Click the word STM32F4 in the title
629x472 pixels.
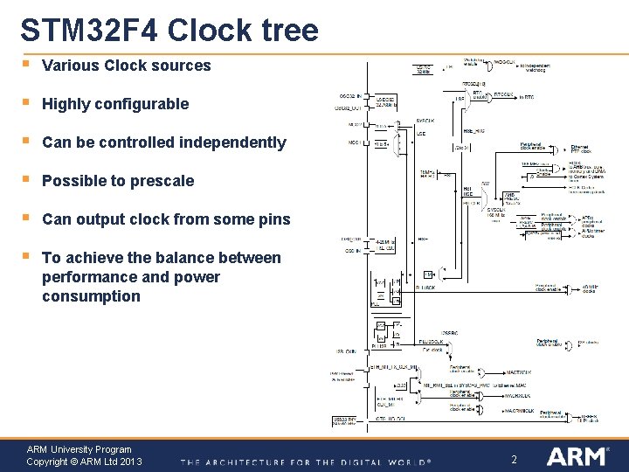[88, 31]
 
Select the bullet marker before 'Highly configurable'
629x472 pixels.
[27, 102]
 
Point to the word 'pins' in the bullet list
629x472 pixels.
[274, 219]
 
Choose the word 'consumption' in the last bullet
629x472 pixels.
[91, 296]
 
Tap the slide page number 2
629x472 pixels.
[514, 460]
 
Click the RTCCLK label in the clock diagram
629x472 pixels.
[505, 95]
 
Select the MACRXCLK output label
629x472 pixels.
[519, 395]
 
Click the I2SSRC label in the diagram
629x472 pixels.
[449, 333]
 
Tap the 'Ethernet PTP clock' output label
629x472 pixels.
[582, 149]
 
